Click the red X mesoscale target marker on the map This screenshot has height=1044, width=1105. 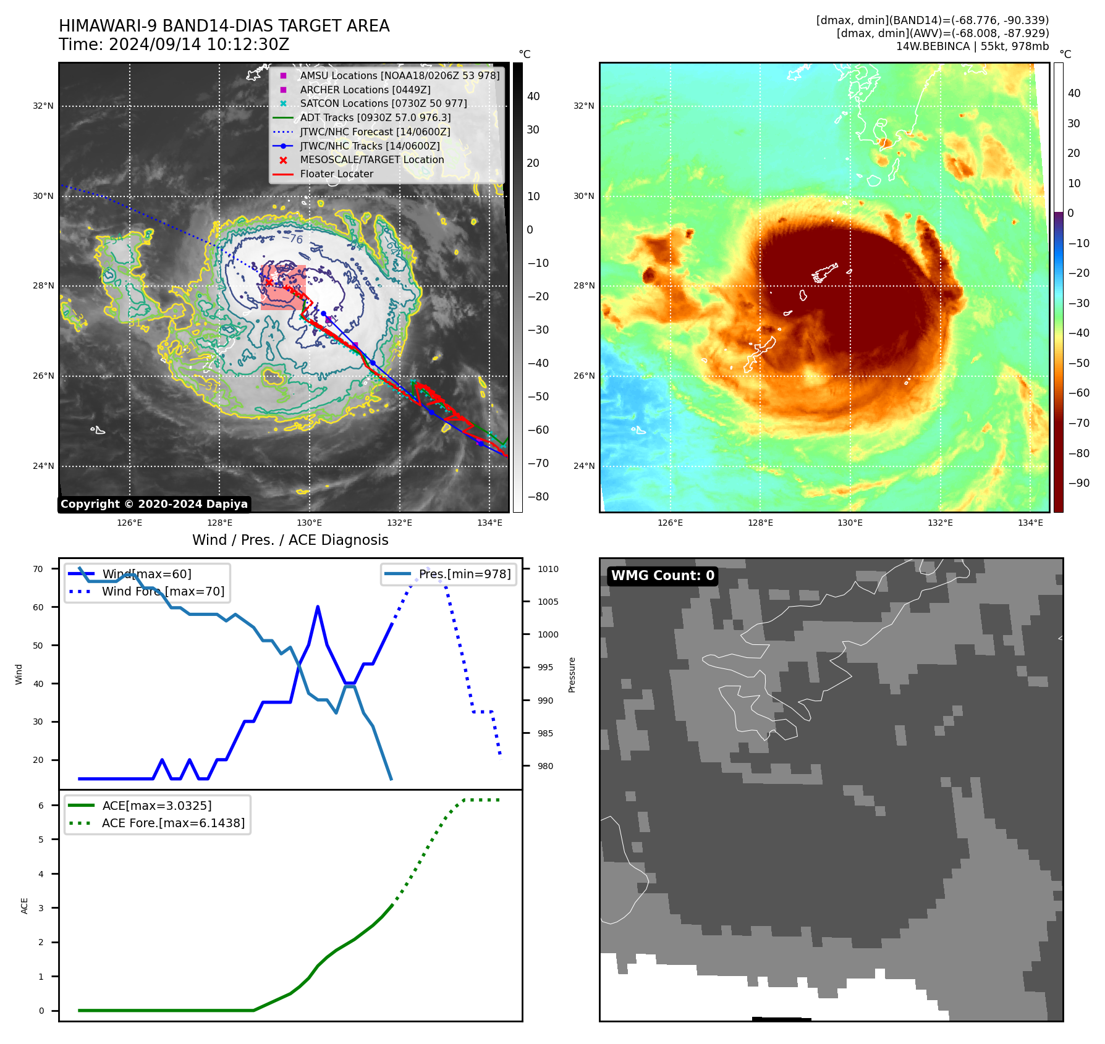coord(269,282)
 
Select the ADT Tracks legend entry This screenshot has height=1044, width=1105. coord(375,117)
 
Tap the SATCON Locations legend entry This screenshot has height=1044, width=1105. coord(383,104)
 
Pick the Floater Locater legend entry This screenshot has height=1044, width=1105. coord(336,174)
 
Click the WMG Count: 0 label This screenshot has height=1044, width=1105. coord(663,576)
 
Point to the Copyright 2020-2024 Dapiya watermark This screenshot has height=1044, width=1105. coord(154,504)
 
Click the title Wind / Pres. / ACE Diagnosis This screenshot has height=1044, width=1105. coord(290,540)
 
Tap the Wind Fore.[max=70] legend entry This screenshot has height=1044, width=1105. coord(163,591)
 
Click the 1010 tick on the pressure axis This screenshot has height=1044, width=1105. coord(548,569)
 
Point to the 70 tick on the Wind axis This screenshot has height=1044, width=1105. coord(38,569)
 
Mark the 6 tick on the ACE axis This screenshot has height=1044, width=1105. coord(41,806)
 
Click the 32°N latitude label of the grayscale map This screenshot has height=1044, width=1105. coord(43,106)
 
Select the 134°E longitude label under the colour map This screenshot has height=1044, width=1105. coord(1030,523)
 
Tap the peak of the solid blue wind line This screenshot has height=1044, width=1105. coord(318,607)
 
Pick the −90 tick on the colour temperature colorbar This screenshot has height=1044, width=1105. coord(1079,483)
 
